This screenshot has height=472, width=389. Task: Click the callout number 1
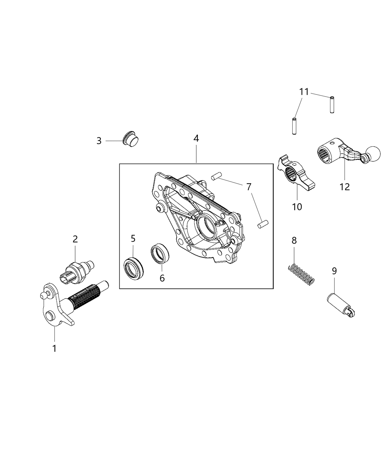point(54,348)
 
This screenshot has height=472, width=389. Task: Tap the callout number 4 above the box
point(196,138)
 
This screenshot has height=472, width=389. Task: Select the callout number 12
point(345,187)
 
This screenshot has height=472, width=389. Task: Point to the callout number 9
point(334,271)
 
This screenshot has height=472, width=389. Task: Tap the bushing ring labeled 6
point(160,254)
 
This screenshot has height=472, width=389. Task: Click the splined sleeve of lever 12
point(327,152)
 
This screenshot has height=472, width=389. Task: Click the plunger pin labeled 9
point(342,305)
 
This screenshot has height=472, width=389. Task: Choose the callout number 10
point(297,207)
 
